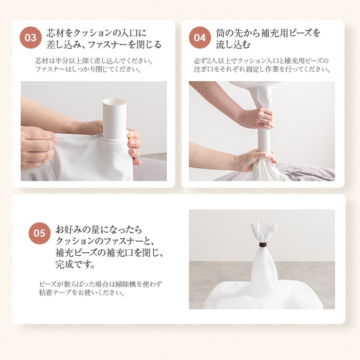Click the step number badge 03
pyautogui.click(x=31, y=38)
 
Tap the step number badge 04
pyautogui.click(x=200, y=38)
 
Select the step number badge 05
pyautogui.click(x=40, y=233)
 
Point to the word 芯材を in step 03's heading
pyautogui.click(x=59, y=33)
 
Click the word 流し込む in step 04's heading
pyautogui.click(x=233, y=45)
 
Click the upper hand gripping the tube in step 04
pyautogui.click(x=256, y=119)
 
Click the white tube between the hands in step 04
pyautogui.click(x=265, y=140)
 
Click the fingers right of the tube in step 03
pyautogui.click(x=134, y=147)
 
